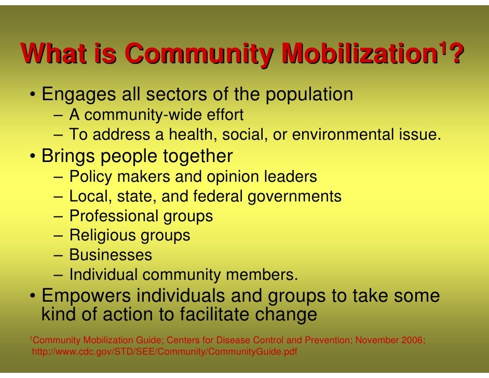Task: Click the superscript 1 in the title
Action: pyautogui.click(x=442, y=48)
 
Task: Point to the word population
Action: pyautogui.click(x=309, y=95)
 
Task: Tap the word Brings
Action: pyautogui.click(x=68, y=156)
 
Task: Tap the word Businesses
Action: pyautogui.click(x=111, y=255)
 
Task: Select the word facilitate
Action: pyautogui.click(x=218, y=315)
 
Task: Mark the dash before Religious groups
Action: pyautogui.click(x=59, y=236)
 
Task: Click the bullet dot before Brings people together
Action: pyautogui.click(x=33, y=156)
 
